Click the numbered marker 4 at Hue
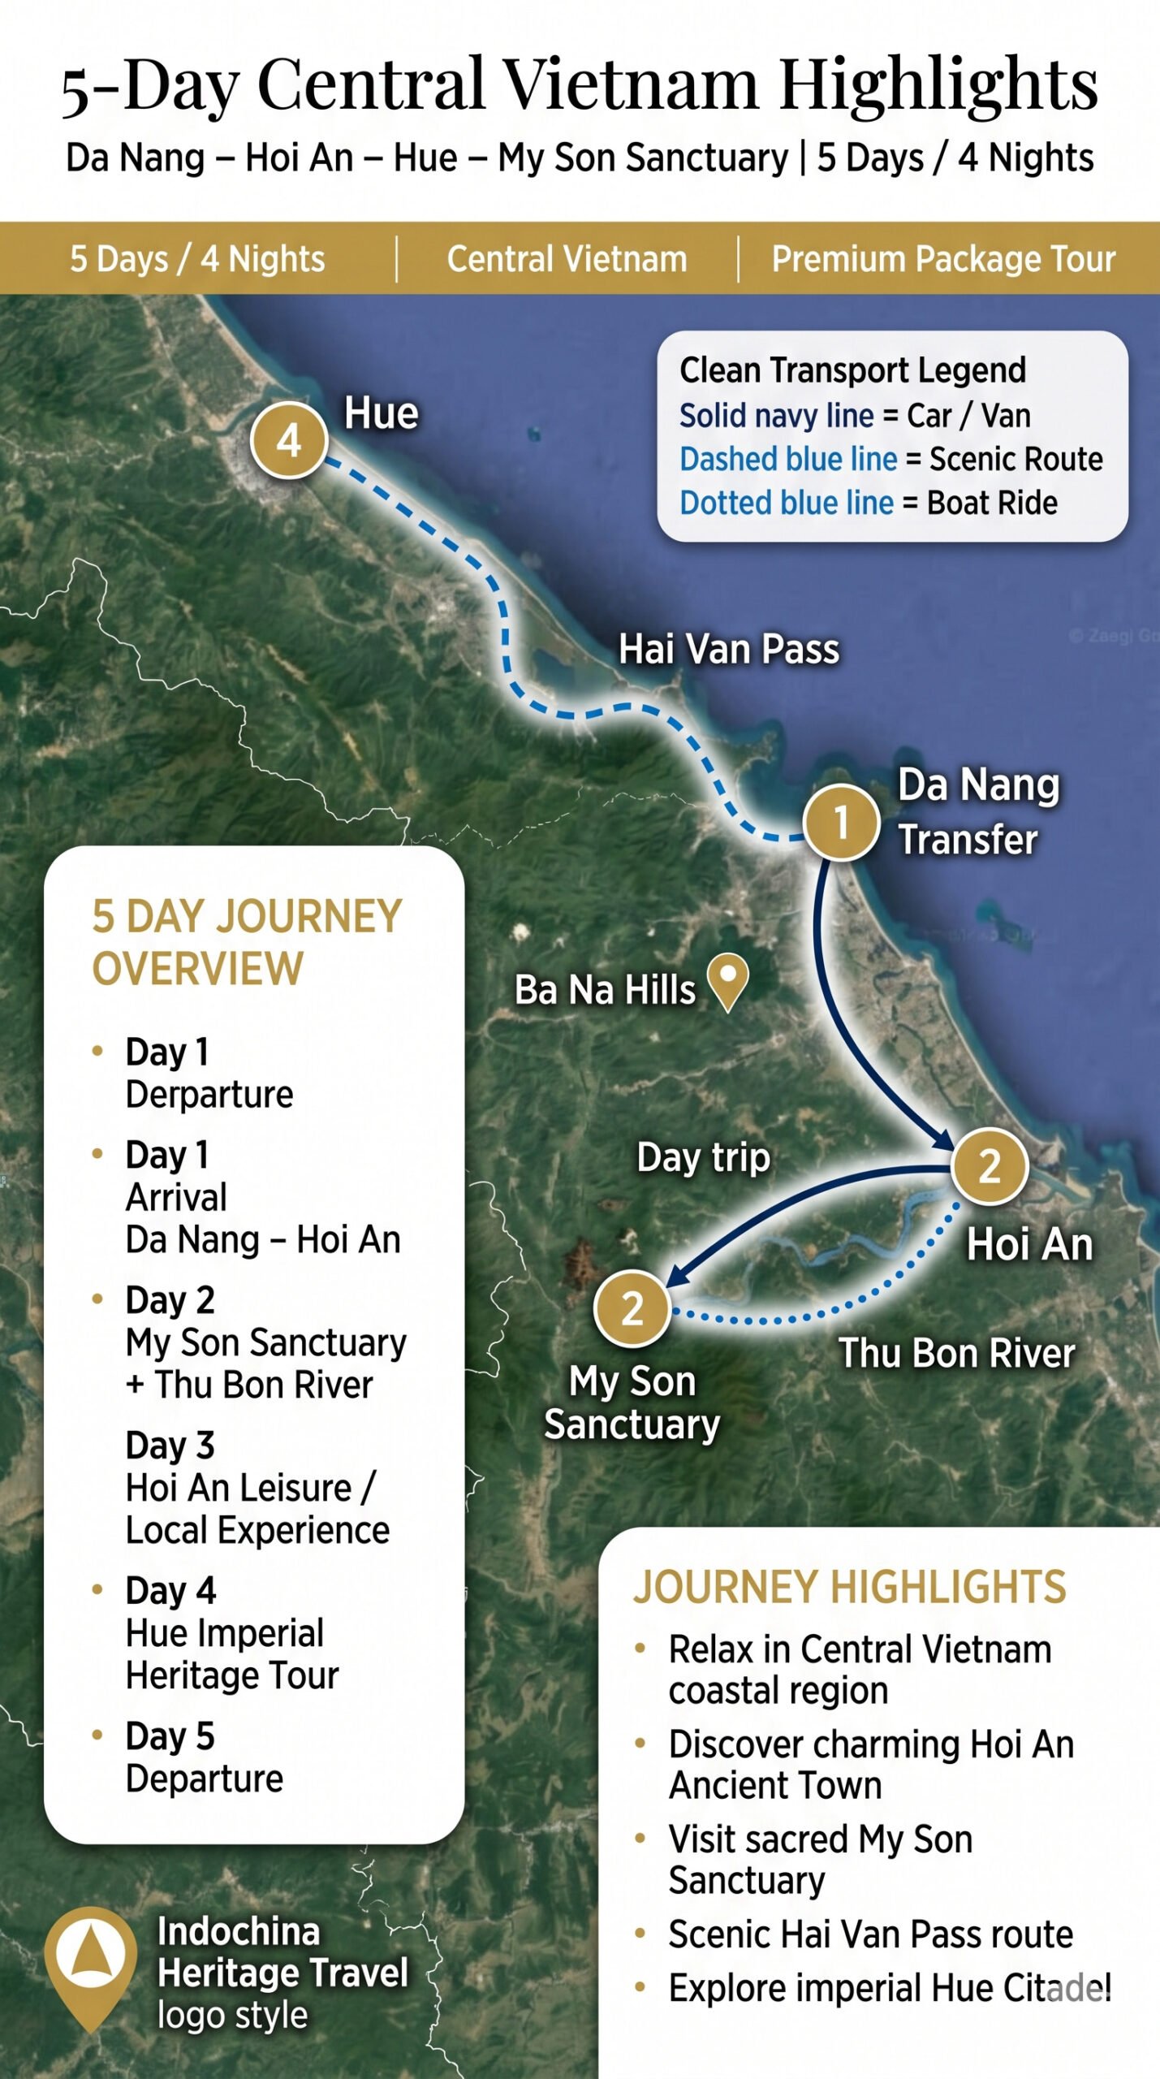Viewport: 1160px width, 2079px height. pos(288,440)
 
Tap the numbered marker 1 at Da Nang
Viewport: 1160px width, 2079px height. pos(841,822)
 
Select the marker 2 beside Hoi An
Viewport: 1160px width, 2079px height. pos(989,1166)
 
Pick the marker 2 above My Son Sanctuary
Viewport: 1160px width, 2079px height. pos(632,1308)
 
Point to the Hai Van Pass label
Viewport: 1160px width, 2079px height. pos(728,650)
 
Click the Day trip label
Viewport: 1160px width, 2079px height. pos(703,1156)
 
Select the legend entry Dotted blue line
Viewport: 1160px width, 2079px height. pos(786,503)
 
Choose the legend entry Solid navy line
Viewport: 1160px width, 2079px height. pos(776,416)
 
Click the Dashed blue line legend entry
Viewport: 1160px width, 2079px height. pos(787,459)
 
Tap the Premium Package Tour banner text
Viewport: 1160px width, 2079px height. pos(943,259)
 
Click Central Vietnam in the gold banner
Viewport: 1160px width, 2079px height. pos(567,259)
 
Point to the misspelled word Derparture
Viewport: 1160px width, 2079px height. pos(209,1094)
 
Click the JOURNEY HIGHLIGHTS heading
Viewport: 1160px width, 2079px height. pos(849,1586)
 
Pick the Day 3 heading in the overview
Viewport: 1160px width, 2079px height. pos(170,1445)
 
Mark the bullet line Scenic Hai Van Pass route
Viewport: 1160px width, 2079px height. pos(870,1934)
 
